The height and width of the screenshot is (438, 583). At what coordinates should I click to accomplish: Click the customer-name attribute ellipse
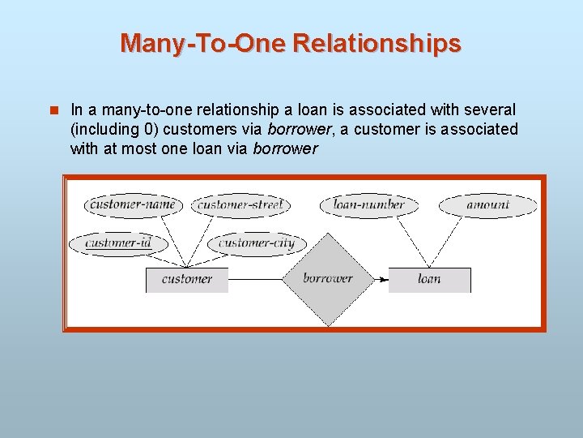(133, 205)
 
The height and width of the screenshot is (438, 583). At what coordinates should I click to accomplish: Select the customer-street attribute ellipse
(240, 205)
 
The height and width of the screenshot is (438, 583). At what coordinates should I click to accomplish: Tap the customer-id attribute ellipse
(117, 243)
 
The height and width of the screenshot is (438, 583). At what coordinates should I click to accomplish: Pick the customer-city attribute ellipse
(257, 243)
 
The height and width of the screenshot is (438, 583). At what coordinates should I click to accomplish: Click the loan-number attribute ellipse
(368, 205)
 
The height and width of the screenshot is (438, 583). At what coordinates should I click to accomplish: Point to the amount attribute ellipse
(487, 205)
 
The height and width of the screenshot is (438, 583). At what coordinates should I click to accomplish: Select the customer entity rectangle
(186, 279)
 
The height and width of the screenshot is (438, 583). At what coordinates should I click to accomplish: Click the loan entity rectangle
(429, 279)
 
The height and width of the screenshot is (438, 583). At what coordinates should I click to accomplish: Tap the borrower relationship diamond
(328, 279)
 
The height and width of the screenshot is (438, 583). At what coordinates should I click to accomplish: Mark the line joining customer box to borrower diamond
(255, 279)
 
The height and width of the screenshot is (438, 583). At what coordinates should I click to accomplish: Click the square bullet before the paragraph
(54, 109)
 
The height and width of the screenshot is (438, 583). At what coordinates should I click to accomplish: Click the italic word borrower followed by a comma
(299, 129)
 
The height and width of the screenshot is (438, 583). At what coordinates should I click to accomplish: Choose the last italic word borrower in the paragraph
(285, 149)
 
